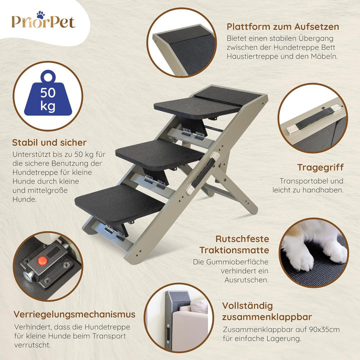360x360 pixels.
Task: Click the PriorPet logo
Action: click(x=43, y=22)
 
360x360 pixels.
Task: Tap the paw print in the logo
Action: click(x=40, y=15)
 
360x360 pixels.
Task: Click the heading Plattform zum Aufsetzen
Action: click(x=282, y=26)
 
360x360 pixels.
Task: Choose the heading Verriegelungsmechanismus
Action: click(x=74, y=314)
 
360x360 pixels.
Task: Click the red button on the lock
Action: click(x=42, y=260)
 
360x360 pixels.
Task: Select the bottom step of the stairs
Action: click(x=120, y=202)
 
